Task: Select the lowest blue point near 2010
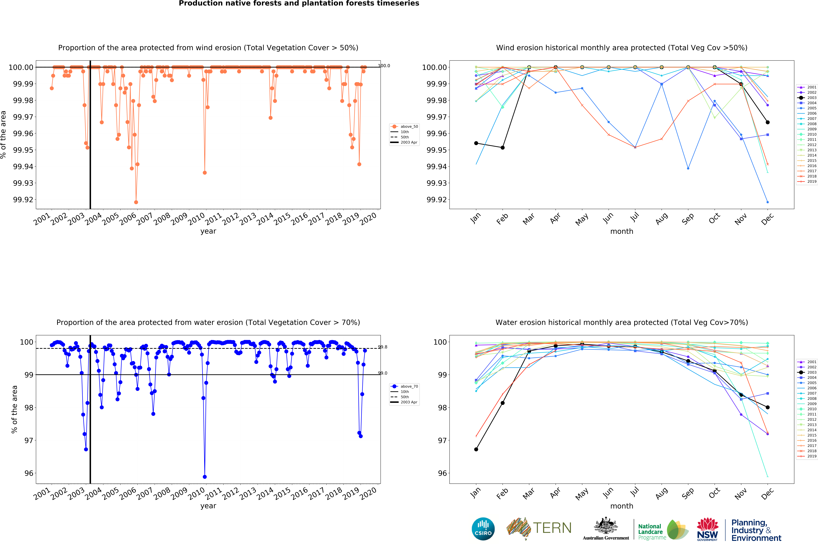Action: tap(205, 477)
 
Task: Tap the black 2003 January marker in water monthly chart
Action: tap(476, 449)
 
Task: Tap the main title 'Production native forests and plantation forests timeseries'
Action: tap(299, 4)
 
